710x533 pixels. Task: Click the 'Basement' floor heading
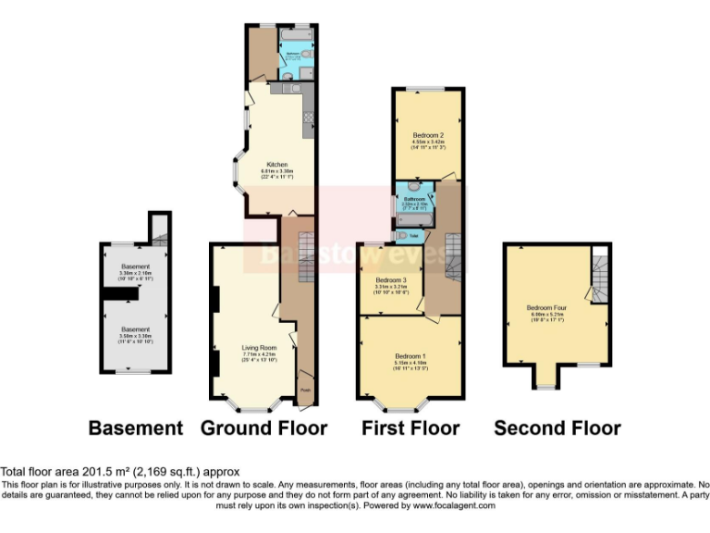pos(136,428)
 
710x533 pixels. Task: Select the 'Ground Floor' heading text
pos(263,428)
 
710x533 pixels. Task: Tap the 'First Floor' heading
pos(410,428)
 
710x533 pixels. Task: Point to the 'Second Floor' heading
pos(557,428)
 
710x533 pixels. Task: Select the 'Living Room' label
pos(252,348)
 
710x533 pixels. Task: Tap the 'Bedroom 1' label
pos(410,355)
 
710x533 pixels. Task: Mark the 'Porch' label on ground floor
pos(306,390)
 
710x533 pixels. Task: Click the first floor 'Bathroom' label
pos(413,199)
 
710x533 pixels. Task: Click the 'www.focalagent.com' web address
pos(454,505)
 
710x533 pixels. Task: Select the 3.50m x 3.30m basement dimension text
pos(136,337)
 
